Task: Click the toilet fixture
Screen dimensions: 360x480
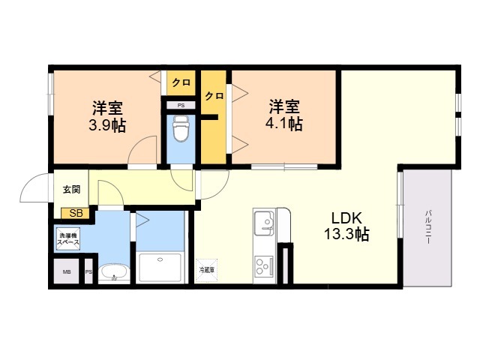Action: pyautogui.click(x=180, y=131)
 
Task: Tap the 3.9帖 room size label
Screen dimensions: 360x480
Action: pyautogui.click(x=108, y=125)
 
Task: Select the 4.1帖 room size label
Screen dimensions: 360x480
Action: pyautogui.click(x=286, y=124)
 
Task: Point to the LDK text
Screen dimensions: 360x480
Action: pyautogui.click(x=347, y=218)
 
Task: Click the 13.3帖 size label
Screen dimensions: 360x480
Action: pyautogui.click(x=347, y=234)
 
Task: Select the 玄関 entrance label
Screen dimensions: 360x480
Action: pyautogui.click(x=70, y=190)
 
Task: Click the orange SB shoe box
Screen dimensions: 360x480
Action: pyautogui.click(x=74, y=213)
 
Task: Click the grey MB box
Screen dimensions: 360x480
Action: pyautogui.click(x=67, y=272)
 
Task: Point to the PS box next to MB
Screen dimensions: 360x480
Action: pyautogui.click(x=88, y=272)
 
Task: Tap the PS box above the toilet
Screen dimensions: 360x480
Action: pyautogui.click(x=181, y=105)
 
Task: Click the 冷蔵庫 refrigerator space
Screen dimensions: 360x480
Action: pyautogui.click(x=206, y=269)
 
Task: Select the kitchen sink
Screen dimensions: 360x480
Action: pyautogui.click(x=264, y=223)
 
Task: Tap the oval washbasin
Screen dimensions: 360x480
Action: pyautogui.click(x=113, y=273)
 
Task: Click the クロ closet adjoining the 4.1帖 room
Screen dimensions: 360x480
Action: pyautogui.click(x=214, y=96)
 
